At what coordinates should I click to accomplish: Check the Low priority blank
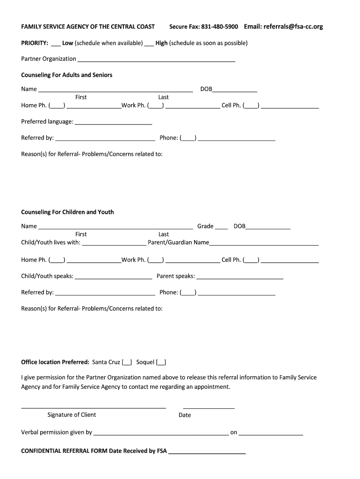(56, 44)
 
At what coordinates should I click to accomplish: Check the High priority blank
(149, 44)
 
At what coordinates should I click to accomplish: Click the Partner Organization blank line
(156, 59)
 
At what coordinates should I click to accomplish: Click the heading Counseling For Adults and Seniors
(67, 75)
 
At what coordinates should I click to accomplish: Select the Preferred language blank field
(114, 123)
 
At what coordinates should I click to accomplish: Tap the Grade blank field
(222, 227)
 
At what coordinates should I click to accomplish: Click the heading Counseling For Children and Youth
(67, 212)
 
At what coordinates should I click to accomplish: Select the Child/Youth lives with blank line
(114, 243)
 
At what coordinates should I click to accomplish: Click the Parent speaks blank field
(240, 277)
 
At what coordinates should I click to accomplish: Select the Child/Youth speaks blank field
(114, 277)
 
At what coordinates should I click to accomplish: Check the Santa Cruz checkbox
(127, 363)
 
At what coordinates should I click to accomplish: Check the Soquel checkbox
(161, 363)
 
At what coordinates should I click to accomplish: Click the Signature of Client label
(72, 415)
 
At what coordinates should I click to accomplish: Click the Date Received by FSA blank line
(207, 452)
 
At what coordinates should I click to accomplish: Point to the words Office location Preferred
(55, 362)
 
